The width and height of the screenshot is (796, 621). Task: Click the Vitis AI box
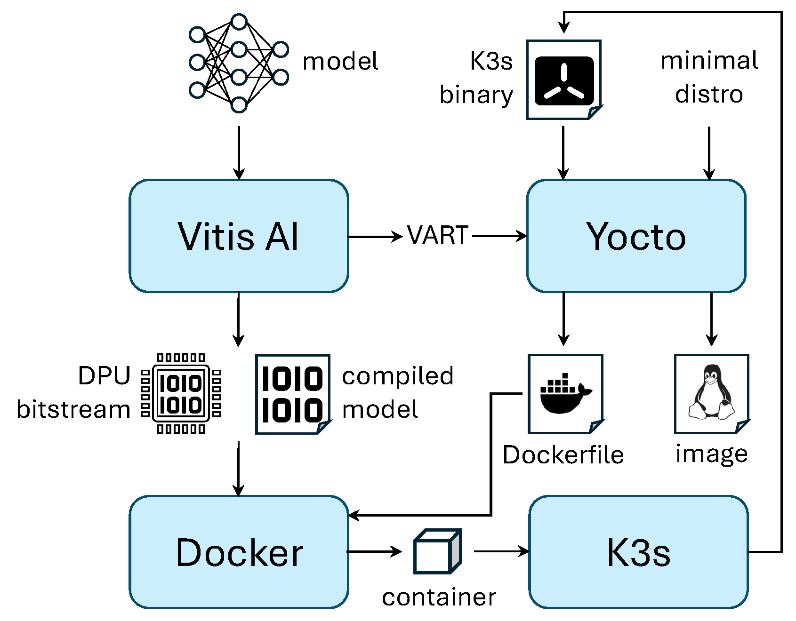(x=239, y=236)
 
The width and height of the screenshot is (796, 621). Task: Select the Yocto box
(x=636, y=236)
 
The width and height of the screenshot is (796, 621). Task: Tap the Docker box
(x=239, y=552)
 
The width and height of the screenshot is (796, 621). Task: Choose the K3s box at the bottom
(x=638, y=552)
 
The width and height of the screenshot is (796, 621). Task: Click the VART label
(x=438, y=235)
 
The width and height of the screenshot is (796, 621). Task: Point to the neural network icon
(x=239, y=63)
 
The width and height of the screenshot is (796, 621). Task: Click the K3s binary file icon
(x=564, y=80)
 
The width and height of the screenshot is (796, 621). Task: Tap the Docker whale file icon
(x=565, y=394)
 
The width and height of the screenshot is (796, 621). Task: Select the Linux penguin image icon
(x=712, y=394)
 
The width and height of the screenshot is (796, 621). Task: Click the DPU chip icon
(x=181, y=393)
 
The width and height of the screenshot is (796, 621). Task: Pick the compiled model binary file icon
(x=293, y=394)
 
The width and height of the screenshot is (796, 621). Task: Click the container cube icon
(x=437, y=551)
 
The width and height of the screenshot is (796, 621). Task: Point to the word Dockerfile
(x=563, y=455)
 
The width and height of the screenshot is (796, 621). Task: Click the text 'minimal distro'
(x=709, y=77)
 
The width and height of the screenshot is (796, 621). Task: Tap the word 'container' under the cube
(x=439, y=597)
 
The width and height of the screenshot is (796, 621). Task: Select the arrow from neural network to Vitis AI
(x=239, y=153)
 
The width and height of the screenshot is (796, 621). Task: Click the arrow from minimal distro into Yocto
(x=709, y=153)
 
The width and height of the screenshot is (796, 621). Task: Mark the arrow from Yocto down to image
(x=711, y=319)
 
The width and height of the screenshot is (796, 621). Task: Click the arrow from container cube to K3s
(x=502, y=551)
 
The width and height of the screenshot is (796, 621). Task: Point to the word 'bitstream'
(x=73, y=409)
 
